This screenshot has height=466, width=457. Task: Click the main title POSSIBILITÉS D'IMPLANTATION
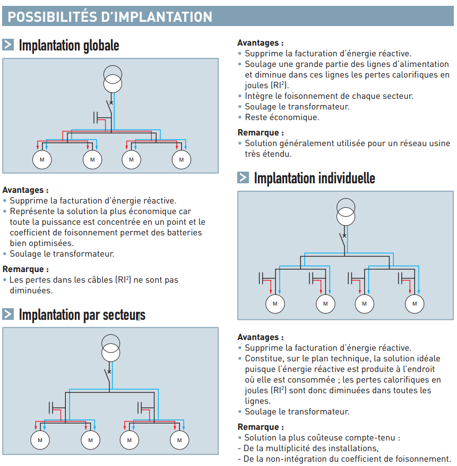pyautogui.click(x=110, y=16)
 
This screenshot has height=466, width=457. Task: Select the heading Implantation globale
pyautogui.click(x=69, y=45)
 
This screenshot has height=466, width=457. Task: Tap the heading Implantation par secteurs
pyautogui.click(x=82, y=315)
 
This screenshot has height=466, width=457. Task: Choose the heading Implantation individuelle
pyautogui.click(x=314, y=178)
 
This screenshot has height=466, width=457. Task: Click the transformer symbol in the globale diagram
pyautogui.click(x=112, y=79)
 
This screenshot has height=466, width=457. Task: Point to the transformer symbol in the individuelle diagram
pyautogui.click(x=345, y=212)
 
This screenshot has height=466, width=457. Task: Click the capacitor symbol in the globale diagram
pyautogui.click(x=97, y=117)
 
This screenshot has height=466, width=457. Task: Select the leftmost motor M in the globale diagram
pyautogui.click(x=40, y=159)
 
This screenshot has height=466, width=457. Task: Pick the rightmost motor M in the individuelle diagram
pyautogui.click(x=415, y=303)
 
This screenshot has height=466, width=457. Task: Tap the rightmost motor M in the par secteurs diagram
pyautogui.click(x=179, y=440)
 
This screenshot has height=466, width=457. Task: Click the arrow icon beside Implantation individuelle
pyautogui.click(x=243, y=178)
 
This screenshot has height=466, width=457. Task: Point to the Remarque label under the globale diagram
pyautogui.click(x=25, y=269)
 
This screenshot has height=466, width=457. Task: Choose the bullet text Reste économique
pyautogui.click(x=282, y=117)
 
